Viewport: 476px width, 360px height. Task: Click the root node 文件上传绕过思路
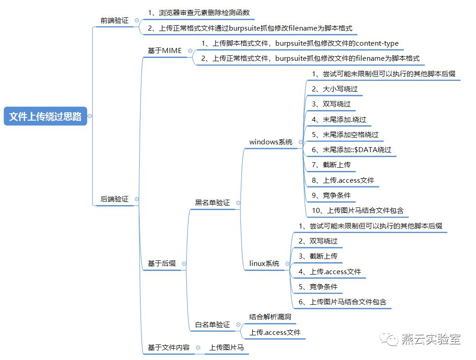pos(45,116)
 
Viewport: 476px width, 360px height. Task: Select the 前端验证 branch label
pos(115,21)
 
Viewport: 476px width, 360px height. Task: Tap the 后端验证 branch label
pos(115,199)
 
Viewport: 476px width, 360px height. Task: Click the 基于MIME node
pos(165,50)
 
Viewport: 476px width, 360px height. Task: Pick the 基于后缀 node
pos(162,264)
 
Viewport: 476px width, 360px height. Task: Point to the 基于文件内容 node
pos(168,347)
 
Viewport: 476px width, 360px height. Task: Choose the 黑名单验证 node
pos(212,203)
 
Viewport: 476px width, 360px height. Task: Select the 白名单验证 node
pos(212,324)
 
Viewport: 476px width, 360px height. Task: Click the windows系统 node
pos(271,142)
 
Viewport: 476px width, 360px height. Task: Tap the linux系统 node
pos(264,264)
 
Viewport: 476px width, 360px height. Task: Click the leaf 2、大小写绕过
pos(335,89)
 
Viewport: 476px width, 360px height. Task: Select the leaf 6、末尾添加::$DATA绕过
pos(351,149)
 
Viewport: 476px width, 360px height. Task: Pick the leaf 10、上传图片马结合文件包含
pos(358,210)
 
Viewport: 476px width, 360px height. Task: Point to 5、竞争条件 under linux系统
pos(318,286)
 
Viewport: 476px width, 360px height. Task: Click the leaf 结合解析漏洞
pos(270,317)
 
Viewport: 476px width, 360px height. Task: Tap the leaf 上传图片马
pos(226,347)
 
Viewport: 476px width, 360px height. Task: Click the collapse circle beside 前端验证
pos(136,21)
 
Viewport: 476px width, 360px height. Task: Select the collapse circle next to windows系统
pos(301,142)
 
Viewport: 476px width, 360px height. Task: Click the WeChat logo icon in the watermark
pos(389,339)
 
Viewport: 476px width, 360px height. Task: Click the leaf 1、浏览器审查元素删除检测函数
pos(199,13)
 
